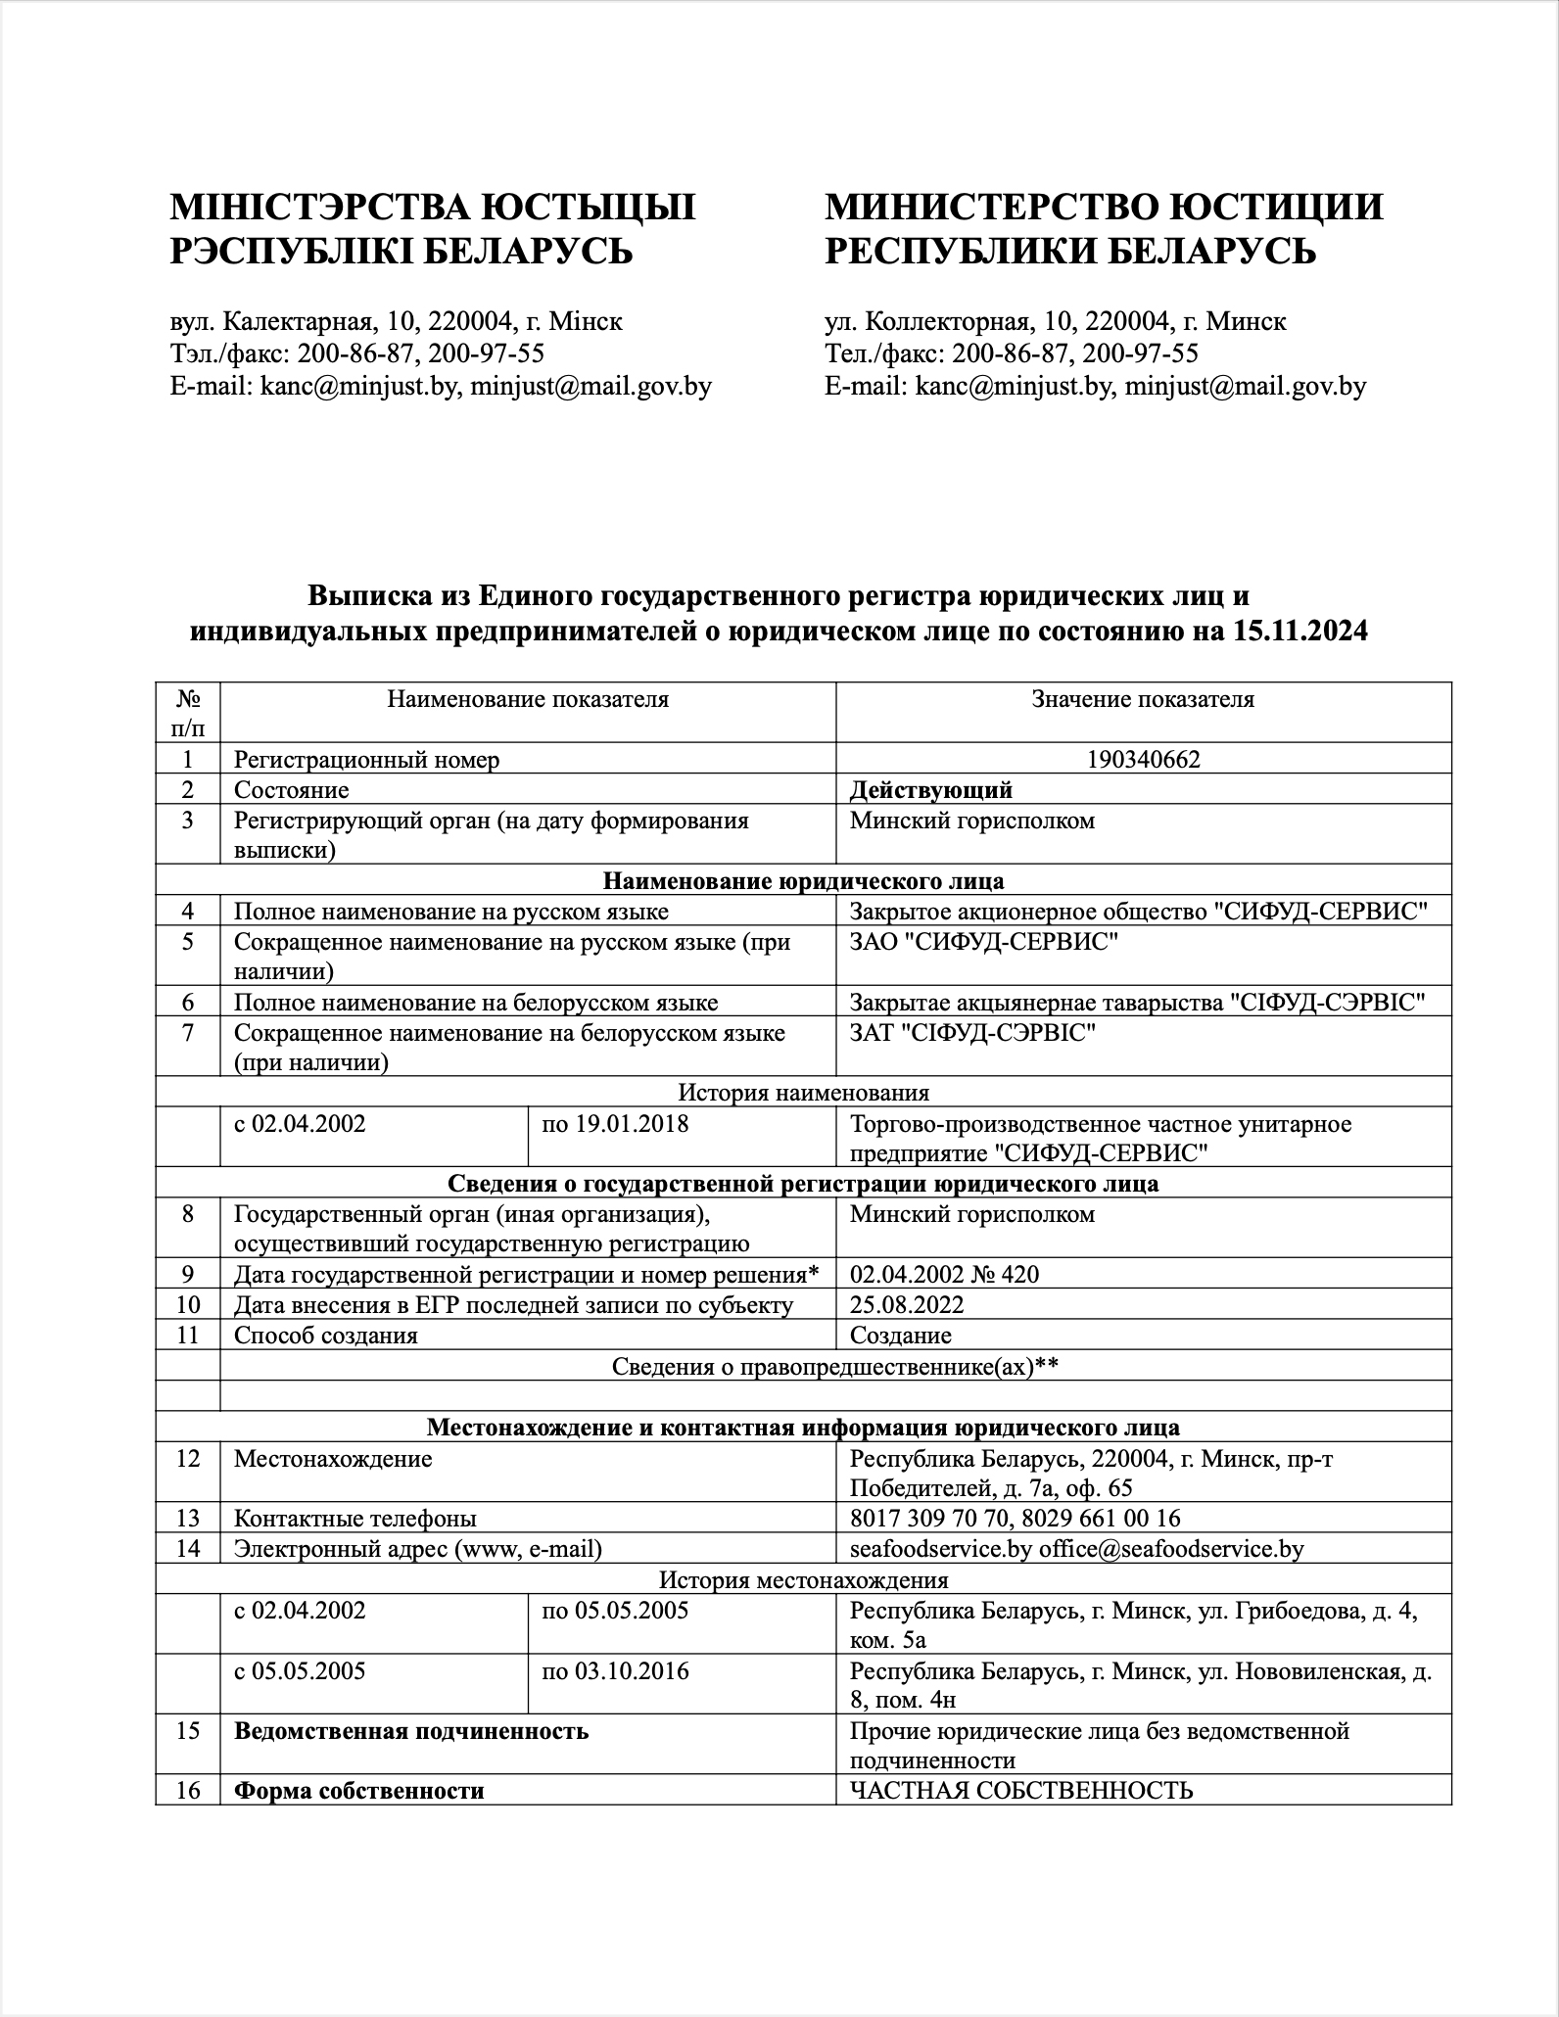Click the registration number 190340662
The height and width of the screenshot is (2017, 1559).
(1143, 760)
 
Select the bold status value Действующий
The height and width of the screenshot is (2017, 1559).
(930, 790)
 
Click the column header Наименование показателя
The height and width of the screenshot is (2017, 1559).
(528, 699)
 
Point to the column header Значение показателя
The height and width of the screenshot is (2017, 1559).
(1143, 699)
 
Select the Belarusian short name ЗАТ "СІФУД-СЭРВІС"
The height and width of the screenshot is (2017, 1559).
(972, 1033)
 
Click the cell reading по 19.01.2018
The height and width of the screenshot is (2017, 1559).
(615, 1124)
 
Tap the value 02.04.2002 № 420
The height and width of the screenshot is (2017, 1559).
(944, 1274)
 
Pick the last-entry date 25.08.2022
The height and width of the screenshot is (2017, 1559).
(907, 1304)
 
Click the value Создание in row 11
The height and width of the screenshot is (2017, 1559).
(901, 1336)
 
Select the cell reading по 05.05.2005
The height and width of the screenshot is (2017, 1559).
(615, 1611)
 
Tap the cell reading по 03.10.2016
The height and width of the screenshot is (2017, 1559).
(615, 1671)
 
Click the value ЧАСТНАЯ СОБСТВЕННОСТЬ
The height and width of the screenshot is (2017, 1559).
(1021, 1791)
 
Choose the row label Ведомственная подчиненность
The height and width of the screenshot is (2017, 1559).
(411, 1731)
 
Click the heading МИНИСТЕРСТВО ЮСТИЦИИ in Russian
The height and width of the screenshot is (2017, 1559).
(1104, 208)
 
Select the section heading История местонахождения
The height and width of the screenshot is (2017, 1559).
(803, 1579)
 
